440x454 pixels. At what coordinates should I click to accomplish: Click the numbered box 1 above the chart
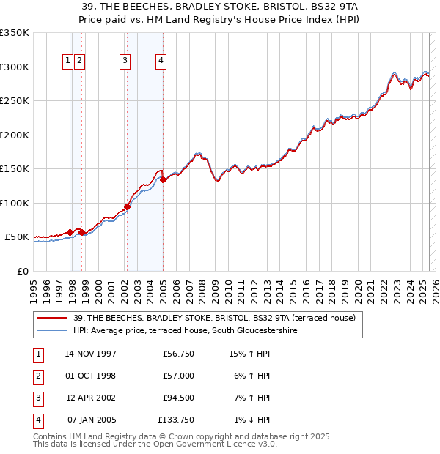click(x=67, y=61)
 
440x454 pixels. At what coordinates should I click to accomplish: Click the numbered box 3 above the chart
click(x=125, y=61)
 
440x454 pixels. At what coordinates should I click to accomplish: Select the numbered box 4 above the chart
click(x=160, y=61)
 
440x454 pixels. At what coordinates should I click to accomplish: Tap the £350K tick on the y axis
click(x=15, y=33)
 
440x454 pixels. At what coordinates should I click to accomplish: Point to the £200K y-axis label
click(x=15, y=135)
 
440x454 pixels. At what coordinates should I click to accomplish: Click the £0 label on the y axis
click(x=22, y=271)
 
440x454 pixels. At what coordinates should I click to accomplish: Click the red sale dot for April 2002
click(x=127, y=206)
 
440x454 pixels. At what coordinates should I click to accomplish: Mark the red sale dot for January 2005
click(x=163, y=179)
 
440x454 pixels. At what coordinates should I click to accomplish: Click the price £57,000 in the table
click(x=179, y=376)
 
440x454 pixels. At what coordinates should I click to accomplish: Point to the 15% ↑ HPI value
click(x=249, y=354)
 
